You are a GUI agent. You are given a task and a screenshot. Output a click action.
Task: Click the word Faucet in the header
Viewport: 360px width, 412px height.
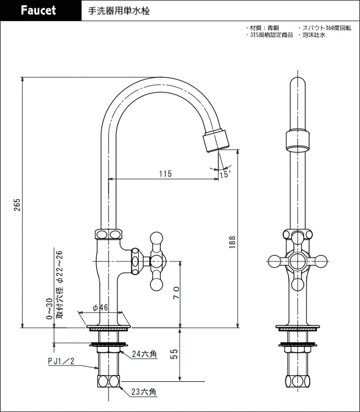(x=38, y=11)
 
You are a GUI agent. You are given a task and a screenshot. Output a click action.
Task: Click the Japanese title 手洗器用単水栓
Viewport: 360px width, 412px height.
(x=119, y=11)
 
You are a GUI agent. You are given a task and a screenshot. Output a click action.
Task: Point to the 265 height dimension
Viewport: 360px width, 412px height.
(x=17, y=205)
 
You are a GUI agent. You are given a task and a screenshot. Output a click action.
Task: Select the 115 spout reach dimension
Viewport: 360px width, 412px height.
(x=165, y=173)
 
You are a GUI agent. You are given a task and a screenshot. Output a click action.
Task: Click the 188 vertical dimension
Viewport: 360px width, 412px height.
(x=232, y=242)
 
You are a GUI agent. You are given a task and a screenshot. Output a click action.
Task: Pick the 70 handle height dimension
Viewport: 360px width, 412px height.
(x=176, y=292)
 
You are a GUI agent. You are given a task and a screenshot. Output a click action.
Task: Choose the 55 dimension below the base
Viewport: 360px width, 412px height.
(x=174, y=354)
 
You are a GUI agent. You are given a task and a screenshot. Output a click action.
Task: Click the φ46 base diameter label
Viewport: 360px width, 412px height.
(x=100, y=307)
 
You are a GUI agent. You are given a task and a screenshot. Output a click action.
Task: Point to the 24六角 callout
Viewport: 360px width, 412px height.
(x=145, y=354)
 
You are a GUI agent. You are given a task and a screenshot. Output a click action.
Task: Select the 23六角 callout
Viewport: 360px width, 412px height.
(x=144, y=392)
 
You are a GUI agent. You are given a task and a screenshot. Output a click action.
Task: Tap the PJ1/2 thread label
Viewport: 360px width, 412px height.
(x=61, y=361)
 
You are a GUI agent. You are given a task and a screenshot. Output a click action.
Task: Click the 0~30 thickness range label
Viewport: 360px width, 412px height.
(x=49, y=309)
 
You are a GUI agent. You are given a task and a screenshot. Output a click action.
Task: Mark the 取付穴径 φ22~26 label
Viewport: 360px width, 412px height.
(x=60, y=285)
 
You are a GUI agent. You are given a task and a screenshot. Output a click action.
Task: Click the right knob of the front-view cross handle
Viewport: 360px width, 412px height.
(x=321, y=261)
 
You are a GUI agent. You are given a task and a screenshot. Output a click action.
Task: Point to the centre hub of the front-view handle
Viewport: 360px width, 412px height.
(x=298, y=261)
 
